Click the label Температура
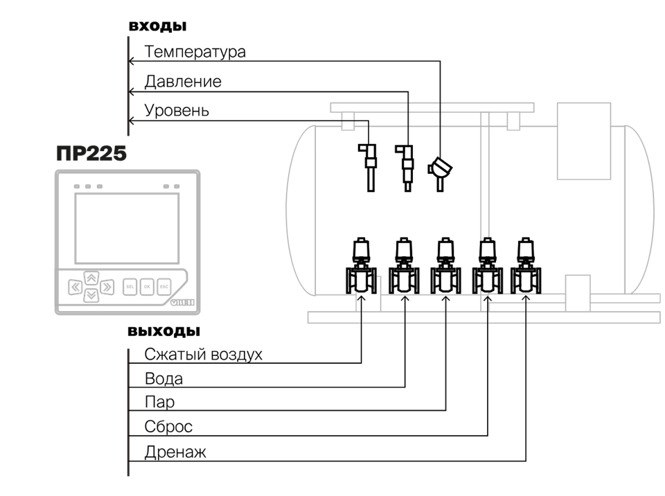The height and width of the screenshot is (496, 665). [195, 52]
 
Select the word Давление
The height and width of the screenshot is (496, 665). [183, 82]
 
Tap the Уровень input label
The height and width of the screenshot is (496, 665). [177, 111]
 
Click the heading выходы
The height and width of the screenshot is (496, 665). [163, 330]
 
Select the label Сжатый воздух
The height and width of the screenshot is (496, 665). [204, 355]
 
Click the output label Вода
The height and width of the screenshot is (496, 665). [163, 380]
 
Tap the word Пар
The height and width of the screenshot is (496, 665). [159, 403]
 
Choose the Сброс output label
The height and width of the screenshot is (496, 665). [168, 427]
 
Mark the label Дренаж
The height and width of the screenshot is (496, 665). [175, 453]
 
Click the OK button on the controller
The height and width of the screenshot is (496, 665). [147, 285]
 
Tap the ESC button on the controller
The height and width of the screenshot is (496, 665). [164, 285]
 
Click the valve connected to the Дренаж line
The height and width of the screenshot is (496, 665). [526, 267]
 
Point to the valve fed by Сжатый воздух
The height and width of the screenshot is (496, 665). [361, 267]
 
